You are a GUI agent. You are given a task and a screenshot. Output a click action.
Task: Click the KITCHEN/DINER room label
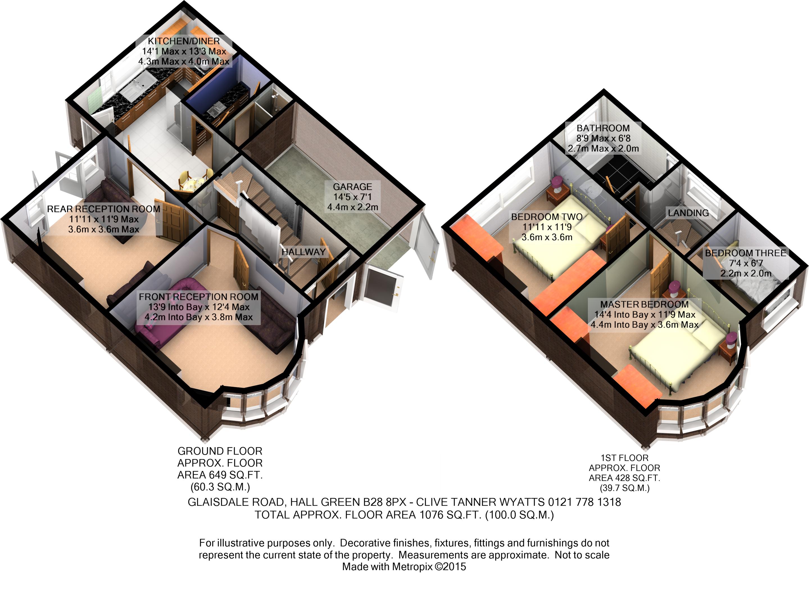pos(183,41)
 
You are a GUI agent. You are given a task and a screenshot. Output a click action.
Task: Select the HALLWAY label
pos(303,252)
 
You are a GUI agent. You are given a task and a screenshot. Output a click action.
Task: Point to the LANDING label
pos(688,213)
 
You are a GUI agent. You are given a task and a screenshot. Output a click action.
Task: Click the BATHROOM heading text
pos(603,128)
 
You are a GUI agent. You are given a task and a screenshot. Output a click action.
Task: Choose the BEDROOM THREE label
pos(745,253)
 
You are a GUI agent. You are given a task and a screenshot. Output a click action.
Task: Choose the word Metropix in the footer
pos(412,567)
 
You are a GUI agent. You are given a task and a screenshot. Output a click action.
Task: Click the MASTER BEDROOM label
pos(644,305)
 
